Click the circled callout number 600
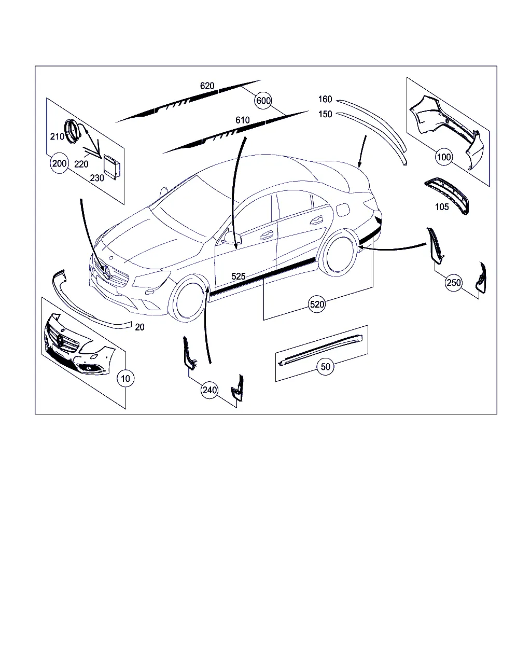[263, 101]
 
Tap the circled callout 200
[59, 163]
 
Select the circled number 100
[444, 157]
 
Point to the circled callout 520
[317, 305]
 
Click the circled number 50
[326, 367]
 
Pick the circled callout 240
[209, 390]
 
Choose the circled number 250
[454, 283]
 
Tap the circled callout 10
[125, 378]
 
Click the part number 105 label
[442, 207]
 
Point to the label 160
[325, 99]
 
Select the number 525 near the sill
[239, 276]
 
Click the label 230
[97, 178]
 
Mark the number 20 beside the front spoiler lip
[139, 327]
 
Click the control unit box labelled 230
[111, 167]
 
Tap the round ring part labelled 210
[72, 132]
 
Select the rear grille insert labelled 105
[446, 195]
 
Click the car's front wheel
[187, 299]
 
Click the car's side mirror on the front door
[230, 237]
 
